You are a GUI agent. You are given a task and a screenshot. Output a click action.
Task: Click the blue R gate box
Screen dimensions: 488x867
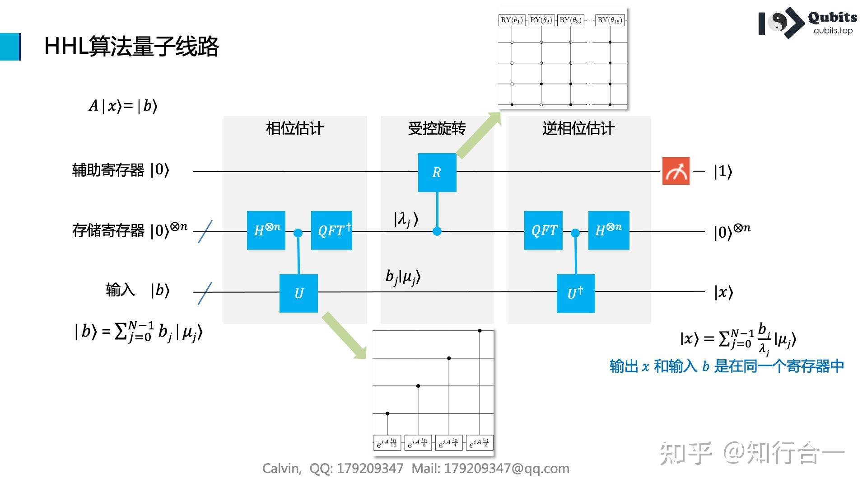coord(437,172)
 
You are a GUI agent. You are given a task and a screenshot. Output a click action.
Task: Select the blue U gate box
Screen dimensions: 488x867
coord(298,293)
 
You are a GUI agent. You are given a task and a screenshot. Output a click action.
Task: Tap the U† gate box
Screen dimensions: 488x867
coord(575,293)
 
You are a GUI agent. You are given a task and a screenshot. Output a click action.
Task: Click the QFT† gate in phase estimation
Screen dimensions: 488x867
coord(331,230)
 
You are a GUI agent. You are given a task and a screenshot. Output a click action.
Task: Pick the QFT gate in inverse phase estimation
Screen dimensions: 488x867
coord(543,230)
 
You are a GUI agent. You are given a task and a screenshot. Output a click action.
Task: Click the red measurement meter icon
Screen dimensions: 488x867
coord(676,171)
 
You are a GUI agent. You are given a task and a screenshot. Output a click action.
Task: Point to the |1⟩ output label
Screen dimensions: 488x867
coord(722,171)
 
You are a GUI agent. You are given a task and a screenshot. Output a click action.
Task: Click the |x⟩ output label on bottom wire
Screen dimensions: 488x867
coord(723,292)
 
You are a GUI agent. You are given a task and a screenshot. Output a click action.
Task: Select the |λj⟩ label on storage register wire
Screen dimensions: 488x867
coord(406,220)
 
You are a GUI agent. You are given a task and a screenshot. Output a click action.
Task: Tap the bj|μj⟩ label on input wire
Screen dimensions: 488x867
coord(403,277)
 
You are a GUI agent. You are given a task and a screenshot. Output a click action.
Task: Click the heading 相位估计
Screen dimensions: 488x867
coord(294,129)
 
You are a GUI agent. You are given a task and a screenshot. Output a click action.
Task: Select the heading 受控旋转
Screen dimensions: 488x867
coord(437,129)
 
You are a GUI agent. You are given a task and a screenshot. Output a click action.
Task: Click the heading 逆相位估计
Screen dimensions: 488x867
coord(578,129)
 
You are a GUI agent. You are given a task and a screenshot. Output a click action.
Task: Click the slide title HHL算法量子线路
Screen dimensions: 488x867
coord(131,46)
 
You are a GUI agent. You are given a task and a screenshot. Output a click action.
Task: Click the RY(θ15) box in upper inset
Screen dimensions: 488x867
coord(610,20)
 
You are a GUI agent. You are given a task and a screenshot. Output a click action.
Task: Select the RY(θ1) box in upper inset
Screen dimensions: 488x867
coord(512,20)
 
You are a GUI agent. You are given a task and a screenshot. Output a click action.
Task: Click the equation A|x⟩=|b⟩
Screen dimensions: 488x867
coord(123,106)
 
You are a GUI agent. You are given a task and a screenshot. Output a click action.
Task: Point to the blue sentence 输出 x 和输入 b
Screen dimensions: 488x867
coord(726,366)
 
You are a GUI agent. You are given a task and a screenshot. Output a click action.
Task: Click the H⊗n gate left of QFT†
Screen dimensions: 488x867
coord(266,230)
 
